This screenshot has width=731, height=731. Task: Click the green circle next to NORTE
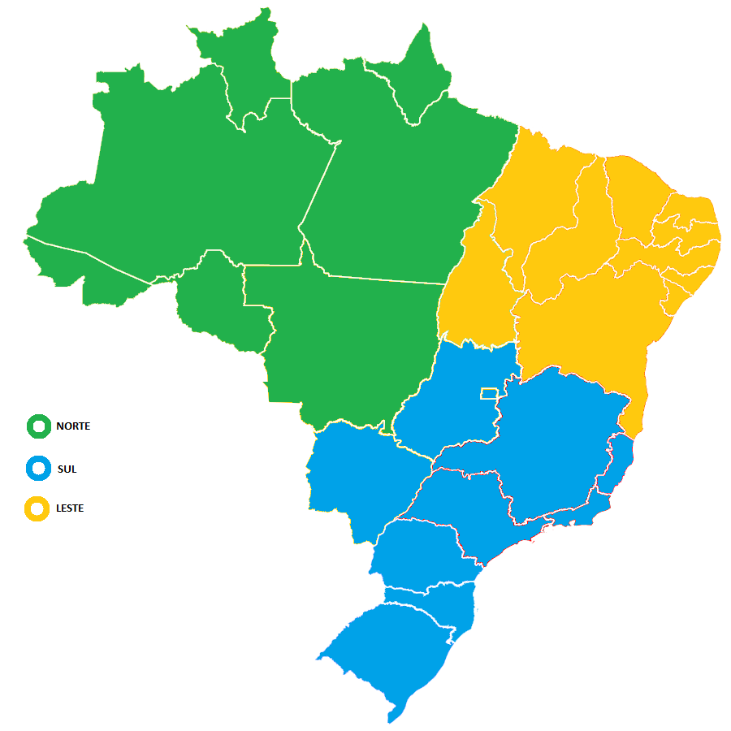tap(38, 426)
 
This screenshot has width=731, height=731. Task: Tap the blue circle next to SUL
tap(38, 469)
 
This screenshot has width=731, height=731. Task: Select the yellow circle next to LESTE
tap(38, 508)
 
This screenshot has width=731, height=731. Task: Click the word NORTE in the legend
tap(73, 426)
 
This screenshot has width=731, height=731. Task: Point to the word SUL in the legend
tap(67, 469)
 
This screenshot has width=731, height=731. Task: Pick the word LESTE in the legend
tap(70, 508)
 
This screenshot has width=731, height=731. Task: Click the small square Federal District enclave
tap(489, 393)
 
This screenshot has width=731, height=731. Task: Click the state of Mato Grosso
tap(341, 341)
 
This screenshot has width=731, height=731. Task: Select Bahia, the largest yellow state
tap(585, 325)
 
